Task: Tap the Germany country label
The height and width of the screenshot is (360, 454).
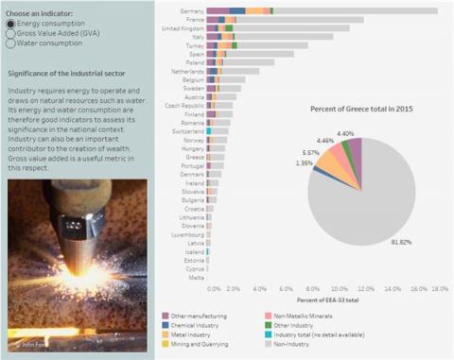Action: pyautogui.click(x=190, y=10)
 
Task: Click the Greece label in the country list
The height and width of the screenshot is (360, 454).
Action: pyautogui.click(x=193, y=158)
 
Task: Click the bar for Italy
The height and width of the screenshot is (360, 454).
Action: pyautogui.click(x=284, y=37)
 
